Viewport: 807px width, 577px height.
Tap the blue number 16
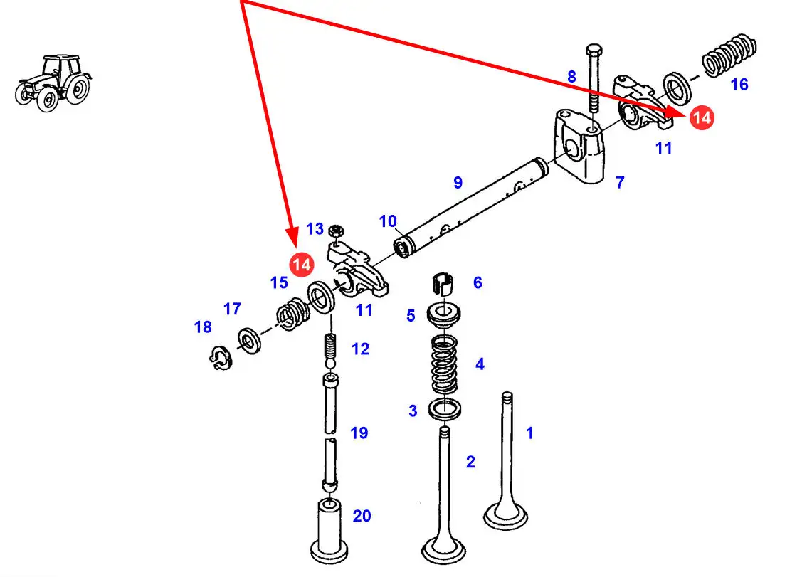pyautogui.click(x=739, y=85)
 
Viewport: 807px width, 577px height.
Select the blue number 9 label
pyautogui.click(x=458, y=183)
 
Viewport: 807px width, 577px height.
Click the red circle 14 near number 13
pyautogui.click(x=302, y=264)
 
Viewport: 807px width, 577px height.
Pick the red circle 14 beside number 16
pyautogui.click(x=702, y=117)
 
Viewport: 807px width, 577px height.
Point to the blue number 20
pyautogui.click(x=362, y=515)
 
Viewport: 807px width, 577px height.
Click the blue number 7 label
pyautogui.click(x=620, y=183)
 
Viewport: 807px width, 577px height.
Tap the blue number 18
pyautogui.click(x=203, y=327)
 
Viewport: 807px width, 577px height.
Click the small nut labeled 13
pyautogui.click(x=338, y=231)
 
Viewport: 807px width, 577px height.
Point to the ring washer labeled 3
pyautogui.click(x=445, y=410)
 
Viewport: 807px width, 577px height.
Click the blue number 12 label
pyautogui.click(x=361, y=349)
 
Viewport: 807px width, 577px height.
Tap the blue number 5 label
pyautogui.click(x=411, y=315)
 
